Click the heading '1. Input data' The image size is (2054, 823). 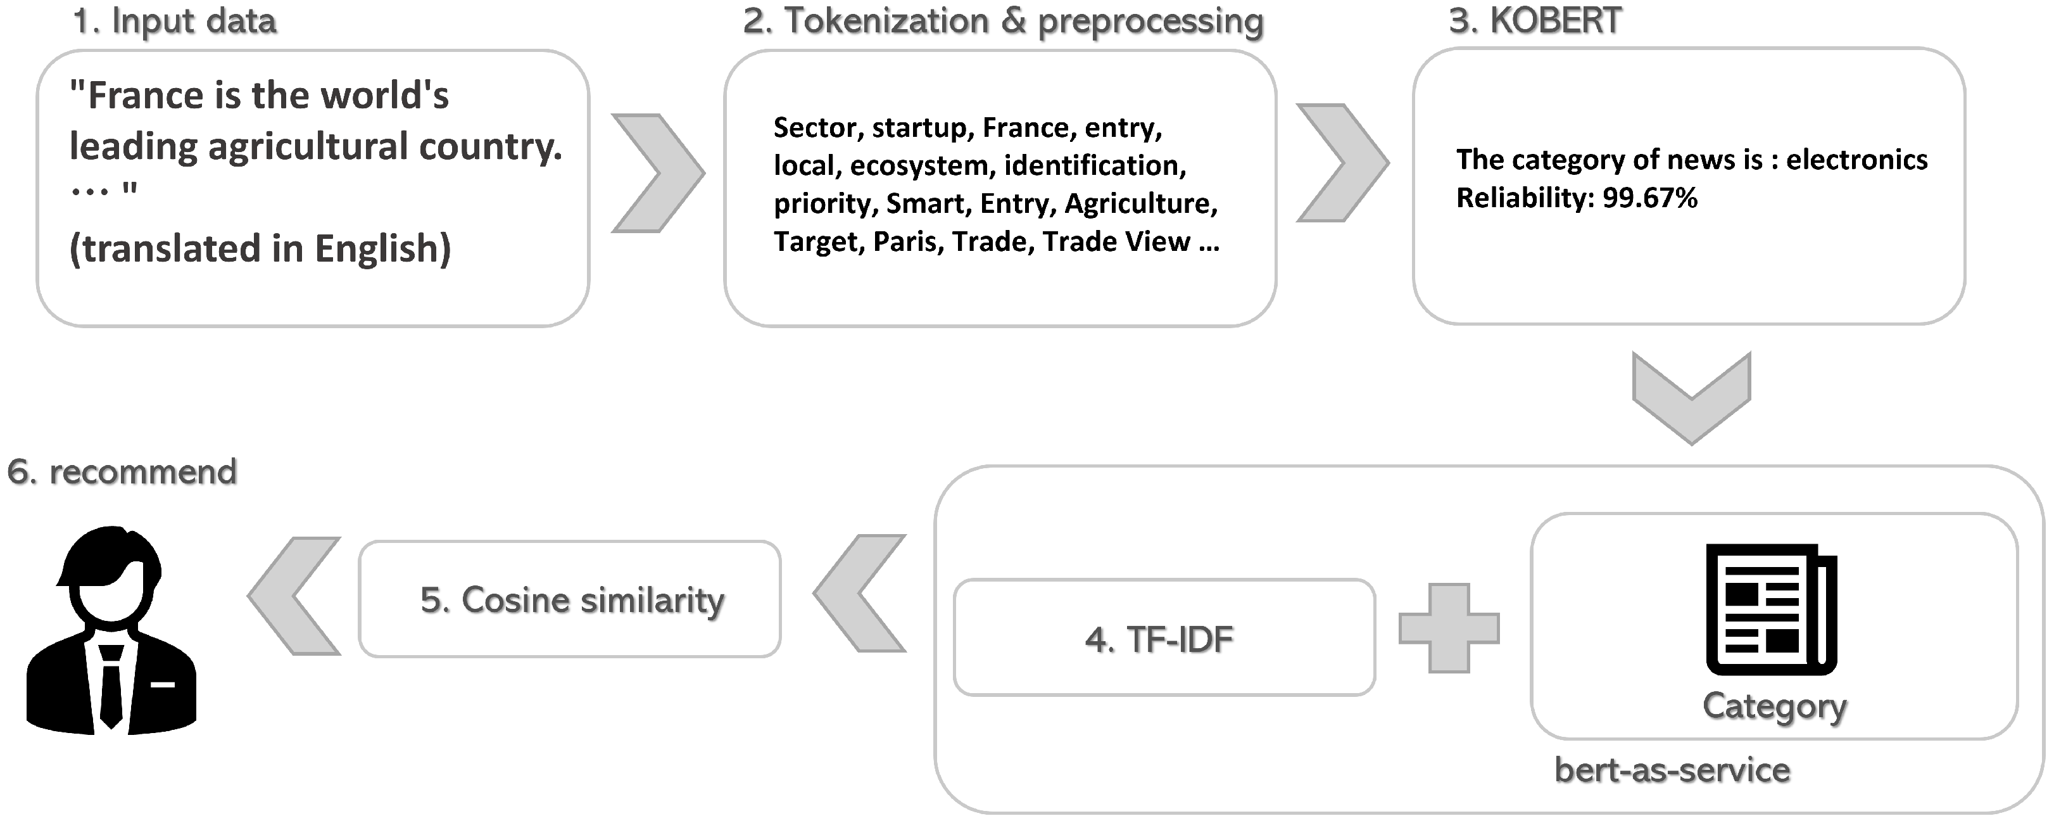(x=174, y=21)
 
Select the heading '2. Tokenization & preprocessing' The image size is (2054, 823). (x=1003, y=21)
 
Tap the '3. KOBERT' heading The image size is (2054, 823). (x=1535, y=21)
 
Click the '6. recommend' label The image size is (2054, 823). (x=122, y=472)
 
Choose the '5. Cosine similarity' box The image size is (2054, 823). (x=570, y=600)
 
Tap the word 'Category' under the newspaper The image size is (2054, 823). (x=1774, y=706)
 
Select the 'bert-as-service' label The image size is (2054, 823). (x=1672, y=770)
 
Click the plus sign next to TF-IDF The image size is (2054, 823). (x=1449, y=628)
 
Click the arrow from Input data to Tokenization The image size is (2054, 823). (x=658, y=173)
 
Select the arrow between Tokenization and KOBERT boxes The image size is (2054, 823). (x=1342, y=163)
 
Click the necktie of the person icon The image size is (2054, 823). (x=111, y=687)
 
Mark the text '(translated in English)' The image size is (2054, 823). (x=260, y=249)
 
